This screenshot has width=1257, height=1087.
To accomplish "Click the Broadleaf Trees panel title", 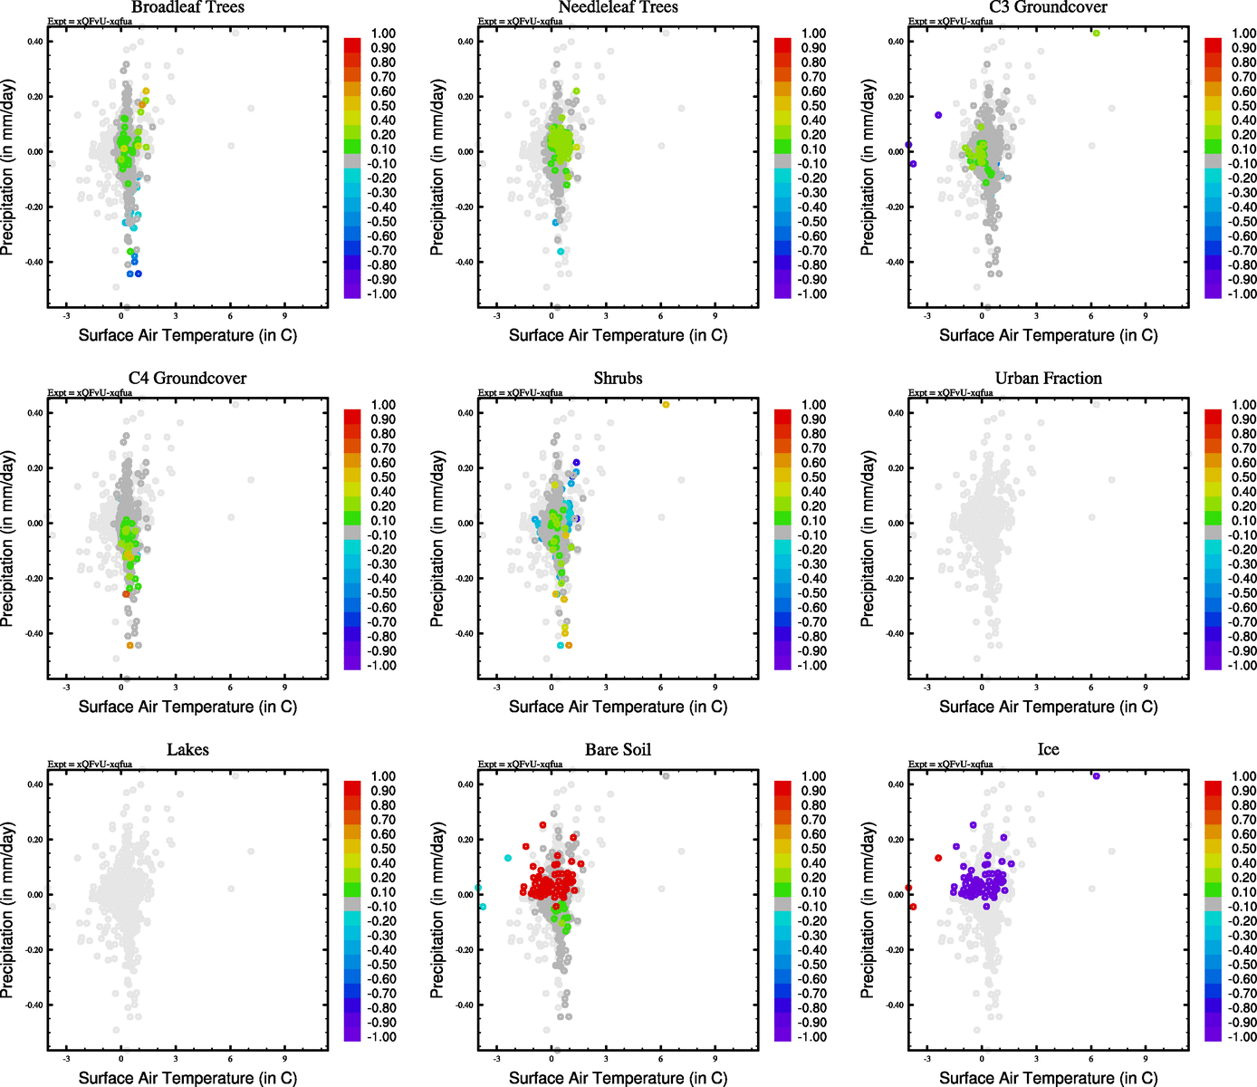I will tap(187, 7).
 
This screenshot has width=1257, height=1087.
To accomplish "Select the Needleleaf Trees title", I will tap(618, 7).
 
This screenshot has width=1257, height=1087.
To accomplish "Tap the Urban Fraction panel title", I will tap(1048, 379).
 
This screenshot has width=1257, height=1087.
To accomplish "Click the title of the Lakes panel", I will tap(187, 750).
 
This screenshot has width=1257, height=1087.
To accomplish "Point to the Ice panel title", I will tap(1048, 750).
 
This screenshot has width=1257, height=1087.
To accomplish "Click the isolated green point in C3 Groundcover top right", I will tap(1096, 34).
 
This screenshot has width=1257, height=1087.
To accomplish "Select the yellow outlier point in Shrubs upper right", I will tap(666, 405).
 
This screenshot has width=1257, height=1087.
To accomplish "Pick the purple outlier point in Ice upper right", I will tap(1096, 776).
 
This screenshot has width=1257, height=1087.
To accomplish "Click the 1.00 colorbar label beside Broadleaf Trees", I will tap(383, 34).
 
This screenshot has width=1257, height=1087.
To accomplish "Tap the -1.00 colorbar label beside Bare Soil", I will tap(811, 1037).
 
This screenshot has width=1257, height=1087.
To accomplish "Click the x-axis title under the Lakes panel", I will tap(187, 1078).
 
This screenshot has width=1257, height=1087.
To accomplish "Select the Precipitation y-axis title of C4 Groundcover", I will tap(8, 539).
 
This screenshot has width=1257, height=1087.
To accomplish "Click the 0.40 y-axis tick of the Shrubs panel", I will tap(465, 413).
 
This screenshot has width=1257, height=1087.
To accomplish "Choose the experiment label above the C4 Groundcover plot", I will tap(90, 393).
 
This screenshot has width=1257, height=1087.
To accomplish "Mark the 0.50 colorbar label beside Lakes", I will tap(383, 849).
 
